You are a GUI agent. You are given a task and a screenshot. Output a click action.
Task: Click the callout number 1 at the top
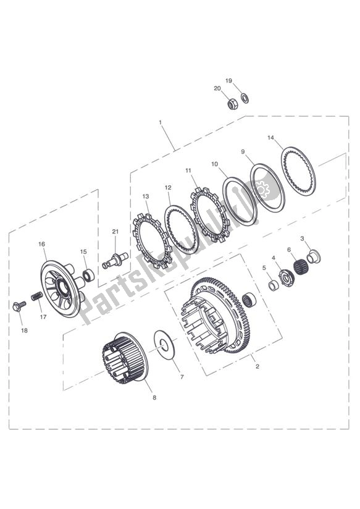[x=161, y=122]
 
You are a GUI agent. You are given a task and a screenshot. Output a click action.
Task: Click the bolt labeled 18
[x=19, y=305]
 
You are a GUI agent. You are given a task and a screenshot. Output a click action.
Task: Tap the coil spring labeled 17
[x=36, y=297]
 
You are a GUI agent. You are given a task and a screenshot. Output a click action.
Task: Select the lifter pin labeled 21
[x=114, y=258]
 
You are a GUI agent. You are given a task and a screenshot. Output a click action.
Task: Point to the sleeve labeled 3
[x=313, y=254]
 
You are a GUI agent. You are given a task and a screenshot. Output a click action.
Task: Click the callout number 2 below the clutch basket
[x=257, y=366]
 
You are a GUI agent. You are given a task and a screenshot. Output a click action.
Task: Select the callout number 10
[x=214, y=164]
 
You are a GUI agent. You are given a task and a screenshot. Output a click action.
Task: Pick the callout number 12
[x=167, y=187]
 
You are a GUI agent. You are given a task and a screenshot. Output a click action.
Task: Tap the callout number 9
[x=243, y=151]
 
